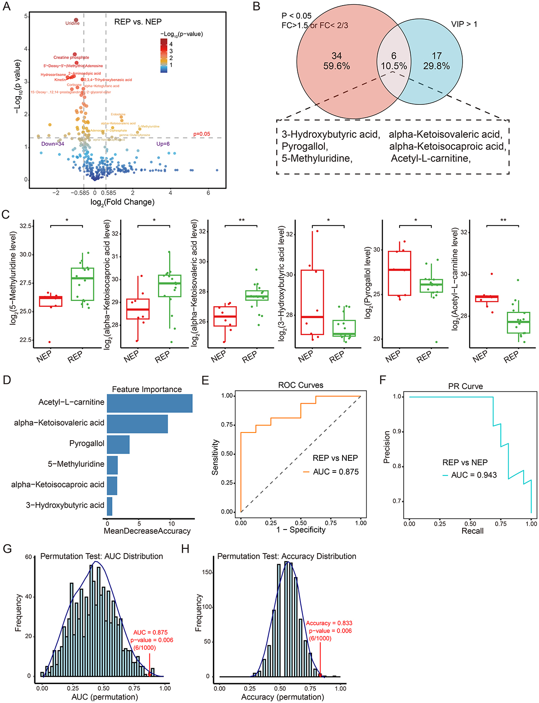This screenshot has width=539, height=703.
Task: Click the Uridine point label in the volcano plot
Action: click(x=73, y=23)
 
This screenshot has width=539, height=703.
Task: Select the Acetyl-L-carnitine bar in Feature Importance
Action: click(x=149, y=402)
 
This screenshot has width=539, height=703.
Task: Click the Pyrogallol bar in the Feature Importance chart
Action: click(x=118, y=444)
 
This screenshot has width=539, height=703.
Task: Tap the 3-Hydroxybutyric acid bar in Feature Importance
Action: click(x=109, y=506)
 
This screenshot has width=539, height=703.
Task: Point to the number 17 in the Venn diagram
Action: click(x=436, y=56)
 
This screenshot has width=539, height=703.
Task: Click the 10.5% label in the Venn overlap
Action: click(x=394, y=66)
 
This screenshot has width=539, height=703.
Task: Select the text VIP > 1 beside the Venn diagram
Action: click(x=464, y=24)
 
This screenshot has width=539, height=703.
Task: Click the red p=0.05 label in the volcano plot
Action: click(x=201, y=134)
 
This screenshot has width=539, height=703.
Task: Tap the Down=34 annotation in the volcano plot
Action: click(x=53, y=144)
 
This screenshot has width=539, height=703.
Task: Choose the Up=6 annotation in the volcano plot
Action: click(x=163, y=144)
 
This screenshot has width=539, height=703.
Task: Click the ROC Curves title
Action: click(x=300, y=385)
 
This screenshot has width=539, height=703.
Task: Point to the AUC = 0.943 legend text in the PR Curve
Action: click(x=474, y=475)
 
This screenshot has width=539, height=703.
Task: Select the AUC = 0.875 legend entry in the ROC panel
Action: click(x=336, y=472)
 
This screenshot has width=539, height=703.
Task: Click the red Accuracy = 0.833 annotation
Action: click(x=329, y=623)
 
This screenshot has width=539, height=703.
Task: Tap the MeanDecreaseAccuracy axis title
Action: click(x=147, y=531)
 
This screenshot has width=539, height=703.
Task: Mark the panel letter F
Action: click(x=383, y=380)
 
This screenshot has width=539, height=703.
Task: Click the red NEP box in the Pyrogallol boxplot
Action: click(x=399, y=273)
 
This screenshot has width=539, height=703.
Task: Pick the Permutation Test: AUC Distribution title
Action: click(x=102, y=557)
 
